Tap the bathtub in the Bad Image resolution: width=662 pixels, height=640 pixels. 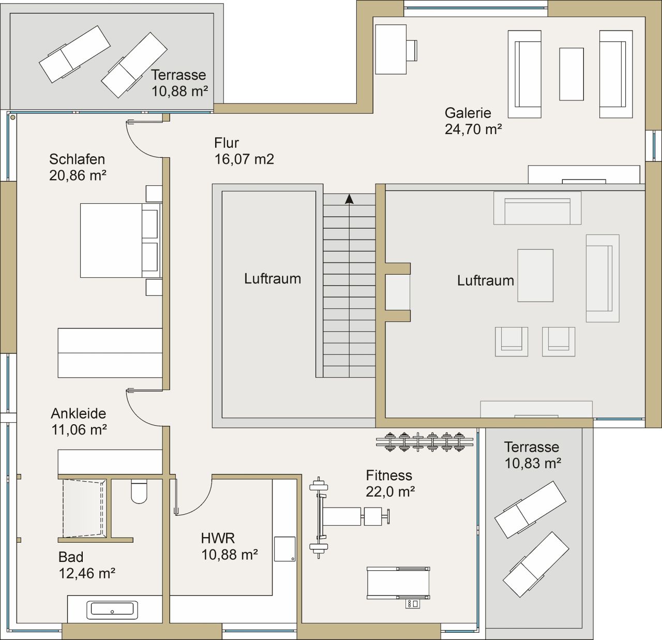[112, 610]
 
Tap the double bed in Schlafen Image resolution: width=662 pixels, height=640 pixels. [119, 240]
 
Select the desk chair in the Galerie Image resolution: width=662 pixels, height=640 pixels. [412, 51]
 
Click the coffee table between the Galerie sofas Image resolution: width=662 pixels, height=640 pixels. [571, 74]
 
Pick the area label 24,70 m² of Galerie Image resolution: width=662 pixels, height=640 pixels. [473, 129]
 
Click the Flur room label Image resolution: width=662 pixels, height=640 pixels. [227, 143]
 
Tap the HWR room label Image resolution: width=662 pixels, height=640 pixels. [218, 539]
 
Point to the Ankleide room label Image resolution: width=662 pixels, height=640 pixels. [78, 413]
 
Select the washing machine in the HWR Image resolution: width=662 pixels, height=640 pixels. [284, 549]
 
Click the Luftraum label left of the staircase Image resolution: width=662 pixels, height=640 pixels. [273, 279]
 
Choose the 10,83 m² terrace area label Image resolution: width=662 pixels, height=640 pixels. [533, 463]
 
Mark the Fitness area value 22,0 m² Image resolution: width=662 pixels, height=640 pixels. [390, 492]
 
